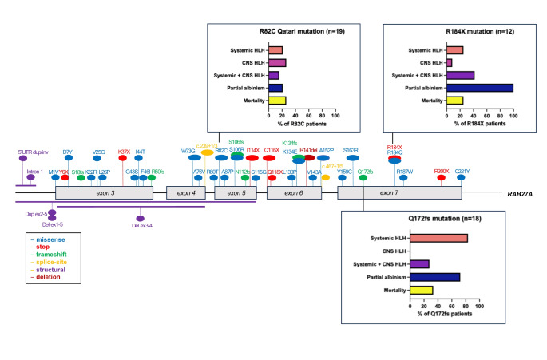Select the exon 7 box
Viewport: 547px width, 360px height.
click(x=386, y=193)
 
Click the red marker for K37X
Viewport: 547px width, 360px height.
click(x=124, y=158)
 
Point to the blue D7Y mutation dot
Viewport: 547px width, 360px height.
click(x=68, y=158)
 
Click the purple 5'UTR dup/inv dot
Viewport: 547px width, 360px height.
click(x=24, y=158)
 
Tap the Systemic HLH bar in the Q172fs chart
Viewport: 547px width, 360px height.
click(x=438, y=238)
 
